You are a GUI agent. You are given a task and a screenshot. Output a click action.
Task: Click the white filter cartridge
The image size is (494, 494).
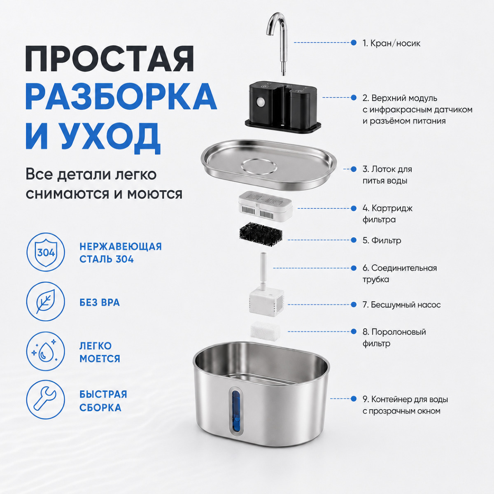tap(265, 207)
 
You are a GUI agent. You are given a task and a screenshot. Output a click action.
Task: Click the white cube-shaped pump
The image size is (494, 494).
tap(266, 303)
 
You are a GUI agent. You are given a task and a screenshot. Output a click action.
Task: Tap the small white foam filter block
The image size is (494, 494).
tap(265, 331)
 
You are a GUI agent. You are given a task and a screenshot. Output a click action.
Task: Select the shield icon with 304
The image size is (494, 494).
tap(46, 252)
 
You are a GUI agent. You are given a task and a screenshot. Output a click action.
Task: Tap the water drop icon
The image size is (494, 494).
tap(46, 352)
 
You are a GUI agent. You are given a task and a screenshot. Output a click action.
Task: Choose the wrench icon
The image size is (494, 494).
tap(46, 399)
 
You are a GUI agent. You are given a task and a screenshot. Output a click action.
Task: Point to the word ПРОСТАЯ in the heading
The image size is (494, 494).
tap(110, 59)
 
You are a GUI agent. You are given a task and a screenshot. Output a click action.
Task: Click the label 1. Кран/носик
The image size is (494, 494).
tap(391, 43)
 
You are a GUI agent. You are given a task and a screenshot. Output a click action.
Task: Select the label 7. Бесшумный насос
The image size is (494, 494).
tap(401, 305)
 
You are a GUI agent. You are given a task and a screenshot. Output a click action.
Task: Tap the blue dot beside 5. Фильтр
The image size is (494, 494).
tap(354, 240)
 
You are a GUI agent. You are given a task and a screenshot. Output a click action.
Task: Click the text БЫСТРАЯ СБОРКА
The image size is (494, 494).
tap(103, 401)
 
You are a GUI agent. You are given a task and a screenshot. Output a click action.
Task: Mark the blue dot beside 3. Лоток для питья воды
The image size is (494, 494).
tap(354, 169)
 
